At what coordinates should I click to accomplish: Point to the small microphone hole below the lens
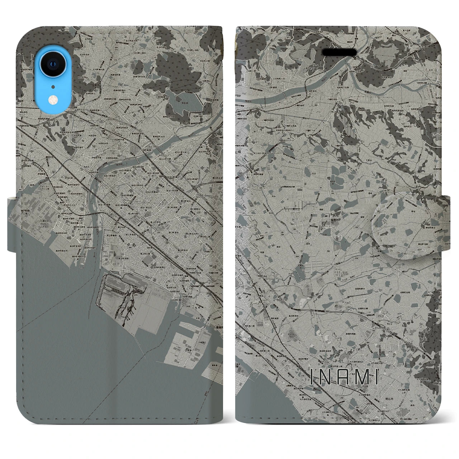(53, 86)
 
